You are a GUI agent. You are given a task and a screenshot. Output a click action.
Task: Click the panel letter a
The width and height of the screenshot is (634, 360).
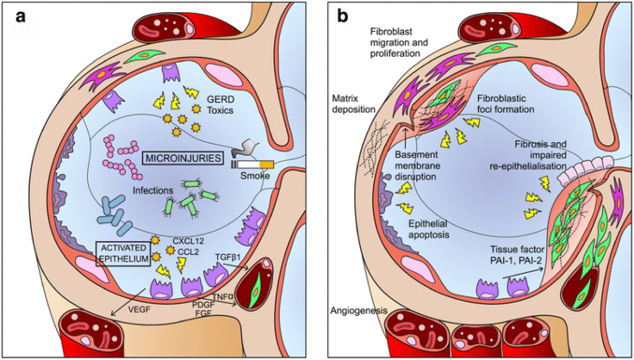coord(16,16)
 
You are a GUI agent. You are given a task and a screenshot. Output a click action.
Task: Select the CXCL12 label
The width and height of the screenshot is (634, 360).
coord(187,241)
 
